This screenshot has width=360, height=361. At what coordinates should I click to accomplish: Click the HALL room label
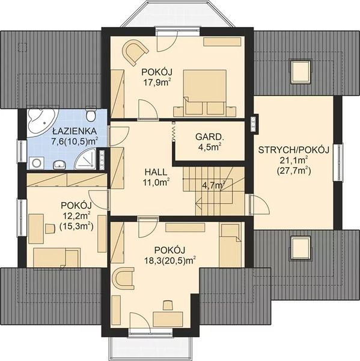pyautogui.click(x=156, y=172)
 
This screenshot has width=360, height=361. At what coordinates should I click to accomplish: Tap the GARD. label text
pyautogui.click(x=209, y=137)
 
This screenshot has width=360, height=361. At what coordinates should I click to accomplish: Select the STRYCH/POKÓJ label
pyautogui.click(x=294, y=150)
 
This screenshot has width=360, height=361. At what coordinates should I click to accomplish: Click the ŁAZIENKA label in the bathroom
pyautogui.click(x=75, y=131)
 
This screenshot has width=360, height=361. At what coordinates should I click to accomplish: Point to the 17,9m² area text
pyautogui.click(x=158, y=82)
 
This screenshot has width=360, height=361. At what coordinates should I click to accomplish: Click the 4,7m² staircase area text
pyautogui.click(x=213, y=185)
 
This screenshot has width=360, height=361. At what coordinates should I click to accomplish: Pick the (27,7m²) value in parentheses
pyautogui.click(x=294, y=171)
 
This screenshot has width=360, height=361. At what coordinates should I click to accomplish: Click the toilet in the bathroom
pyautogui.click(x=91, y=113)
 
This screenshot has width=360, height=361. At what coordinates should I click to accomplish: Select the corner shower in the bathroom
pyautogui.click(x=87, y=159)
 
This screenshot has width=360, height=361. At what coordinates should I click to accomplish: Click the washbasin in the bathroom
pyautogui.click(x=59, y=165)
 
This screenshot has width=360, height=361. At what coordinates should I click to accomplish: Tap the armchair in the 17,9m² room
pyautogui.click(x=135, y=52)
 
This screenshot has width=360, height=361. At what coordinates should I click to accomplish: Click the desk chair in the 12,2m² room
pyautogui.click(x=50, y=229)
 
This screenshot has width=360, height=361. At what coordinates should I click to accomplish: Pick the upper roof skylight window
pyautogui.click(x=301, y=71)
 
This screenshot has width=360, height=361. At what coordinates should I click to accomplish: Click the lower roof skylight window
pyautogui.click(x=301, y=248)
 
